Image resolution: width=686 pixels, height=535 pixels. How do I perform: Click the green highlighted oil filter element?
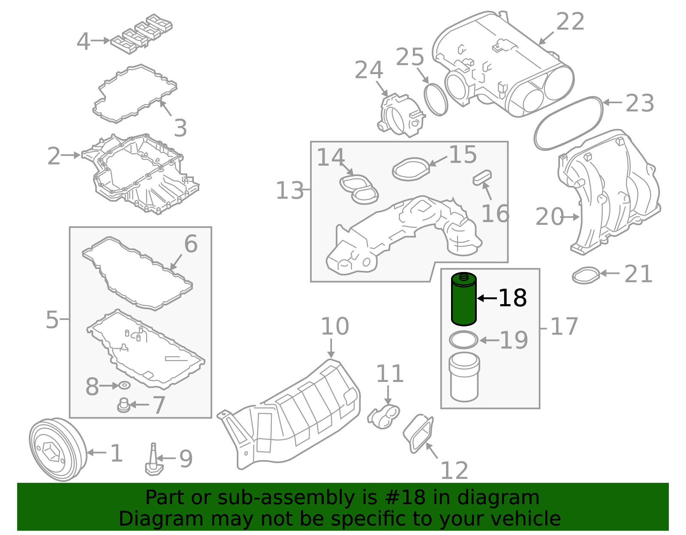464,300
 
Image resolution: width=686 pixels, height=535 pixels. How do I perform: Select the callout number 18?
513,298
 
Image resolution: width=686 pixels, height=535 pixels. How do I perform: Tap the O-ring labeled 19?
463,340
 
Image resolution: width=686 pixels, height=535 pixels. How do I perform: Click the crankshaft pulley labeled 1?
57,450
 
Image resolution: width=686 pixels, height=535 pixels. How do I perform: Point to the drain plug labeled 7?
123,406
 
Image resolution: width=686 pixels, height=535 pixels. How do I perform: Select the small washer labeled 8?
124,386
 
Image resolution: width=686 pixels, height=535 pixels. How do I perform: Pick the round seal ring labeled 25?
436,100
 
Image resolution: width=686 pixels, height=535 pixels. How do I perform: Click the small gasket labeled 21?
586,275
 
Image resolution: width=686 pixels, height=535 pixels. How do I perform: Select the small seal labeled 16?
482,177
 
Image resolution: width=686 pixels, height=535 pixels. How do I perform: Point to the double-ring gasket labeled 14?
359,189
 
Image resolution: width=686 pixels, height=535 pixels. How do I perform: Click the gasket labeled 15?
411,169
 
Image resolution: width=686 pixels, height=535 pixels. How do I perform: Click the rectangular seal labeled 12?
418,433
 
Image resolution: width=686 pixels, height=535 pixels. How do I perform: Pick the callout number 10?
334,327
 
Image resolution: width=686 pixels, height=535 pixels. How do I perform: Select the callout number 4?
83,42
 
